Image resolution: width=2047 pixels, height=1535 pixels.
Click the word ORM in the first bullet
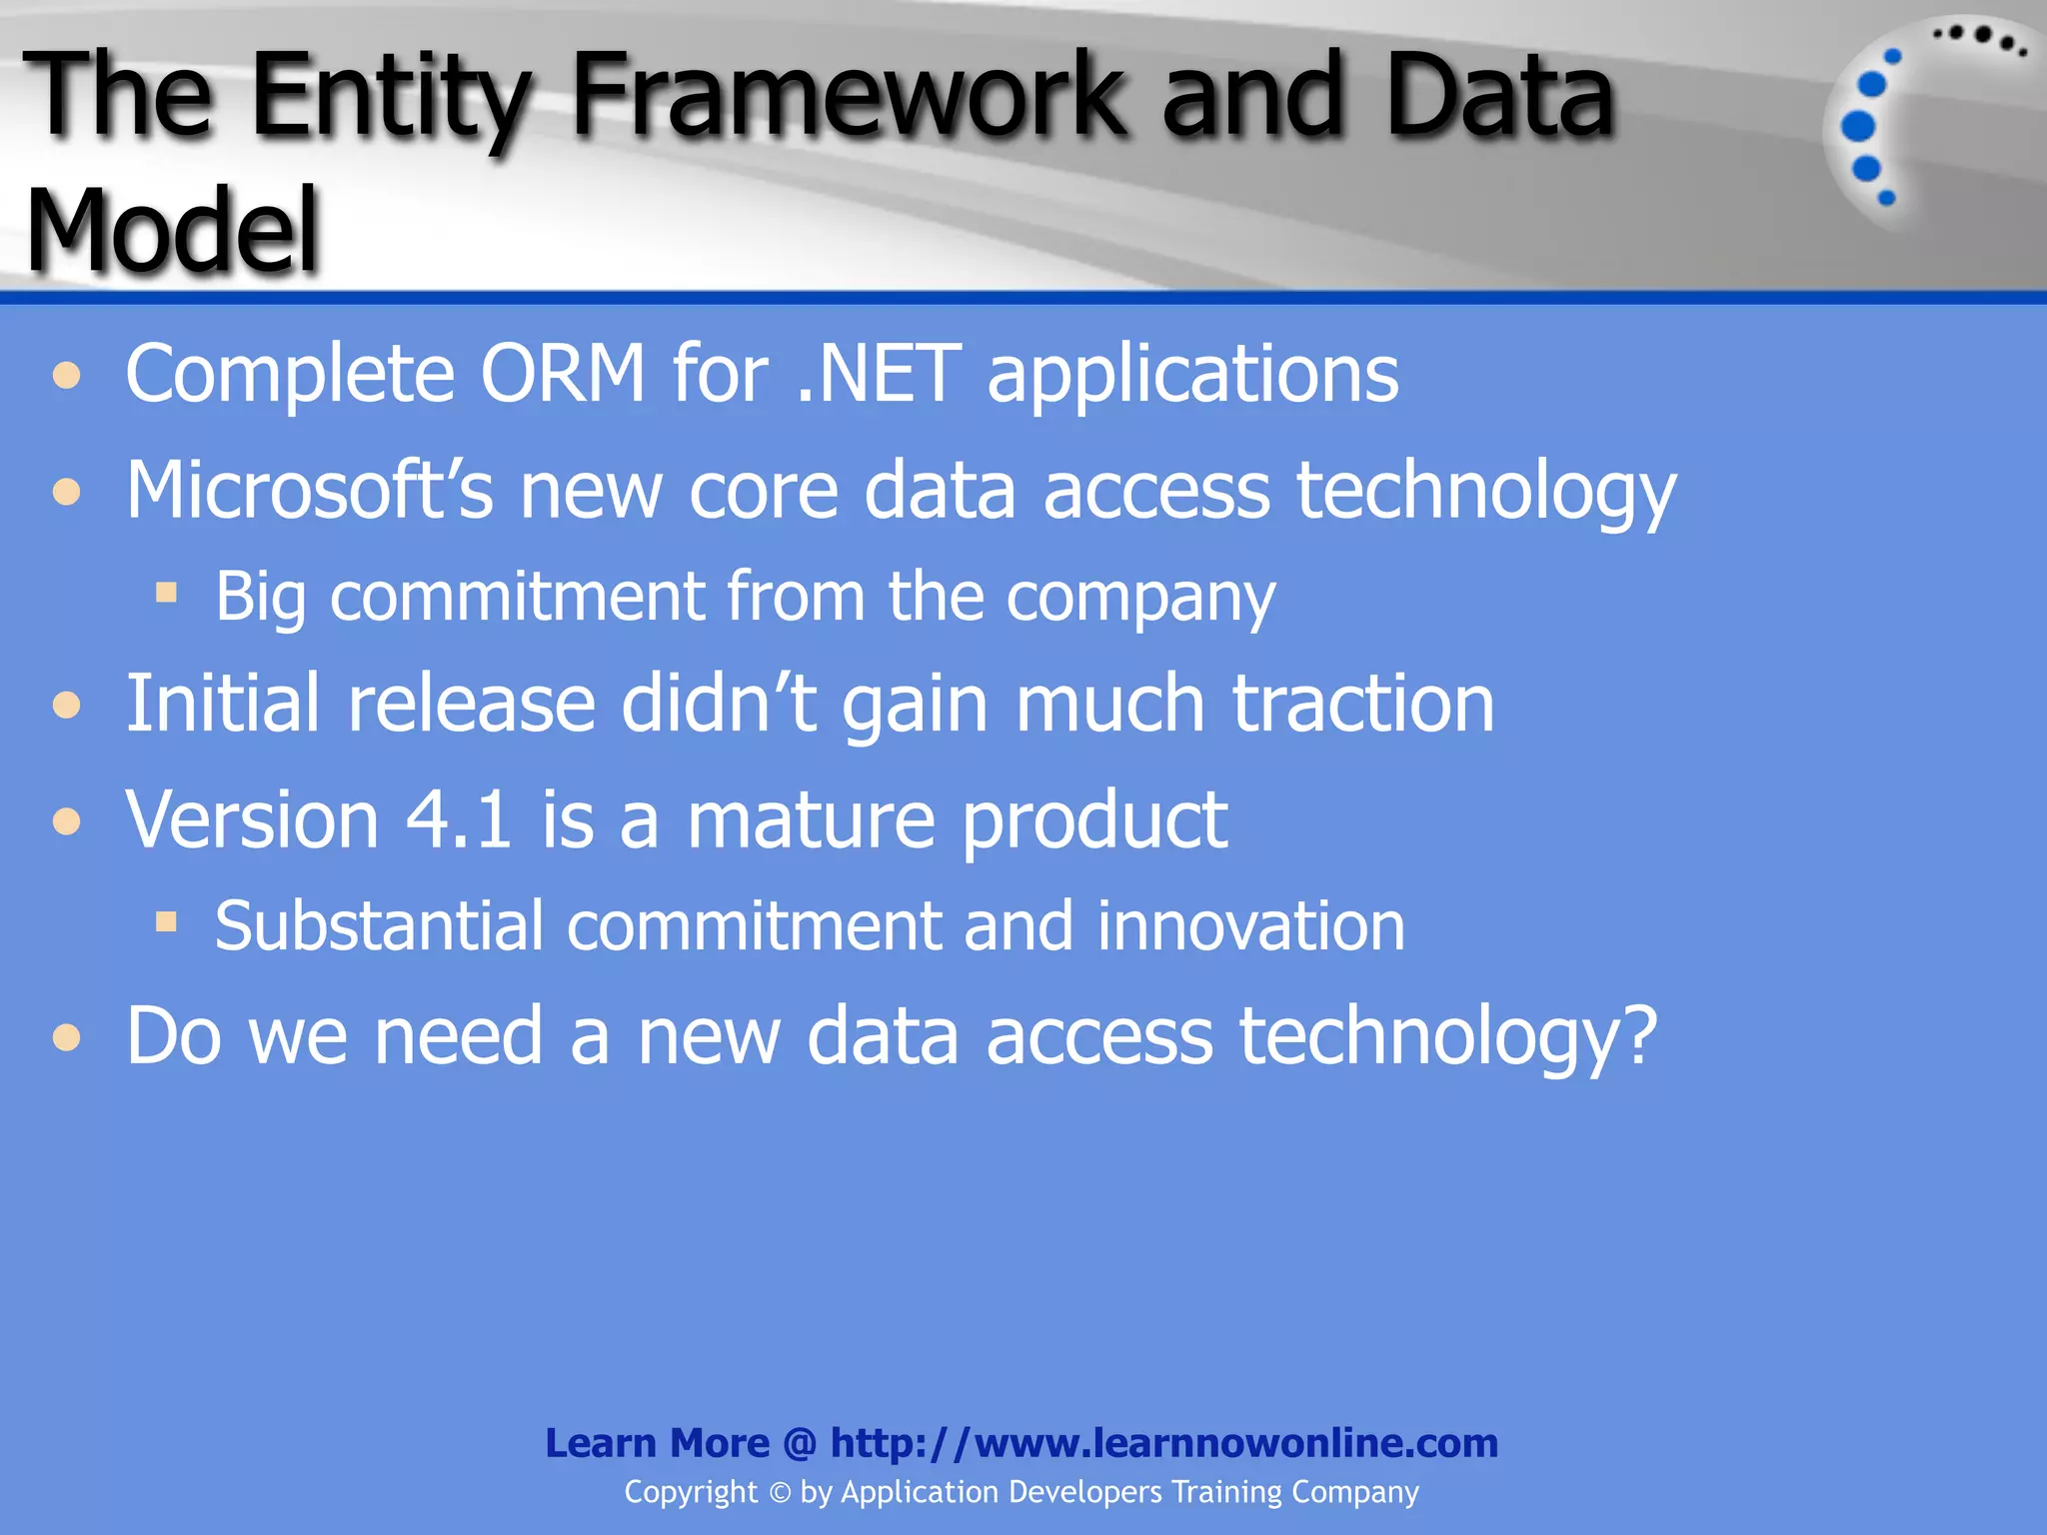563,374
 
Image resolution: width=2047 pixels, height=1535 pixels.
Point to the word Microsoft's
309,491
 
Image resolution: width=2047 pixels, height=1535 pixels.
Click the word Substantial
379,926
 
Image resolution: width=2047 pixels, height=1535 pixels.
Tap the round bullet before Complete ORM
67,377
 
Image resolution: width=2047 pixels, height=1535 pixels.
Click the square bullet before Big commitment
166,594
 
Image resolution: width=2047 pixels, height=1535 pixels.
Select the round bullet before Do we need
67,1037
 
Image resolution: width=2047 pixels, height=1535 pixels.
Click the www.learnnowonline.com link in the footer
1235,1444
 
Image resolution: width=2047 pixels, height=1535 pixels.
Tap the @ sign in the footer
800,1444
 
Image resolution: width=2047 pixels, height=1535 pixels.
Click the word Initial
222,704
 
